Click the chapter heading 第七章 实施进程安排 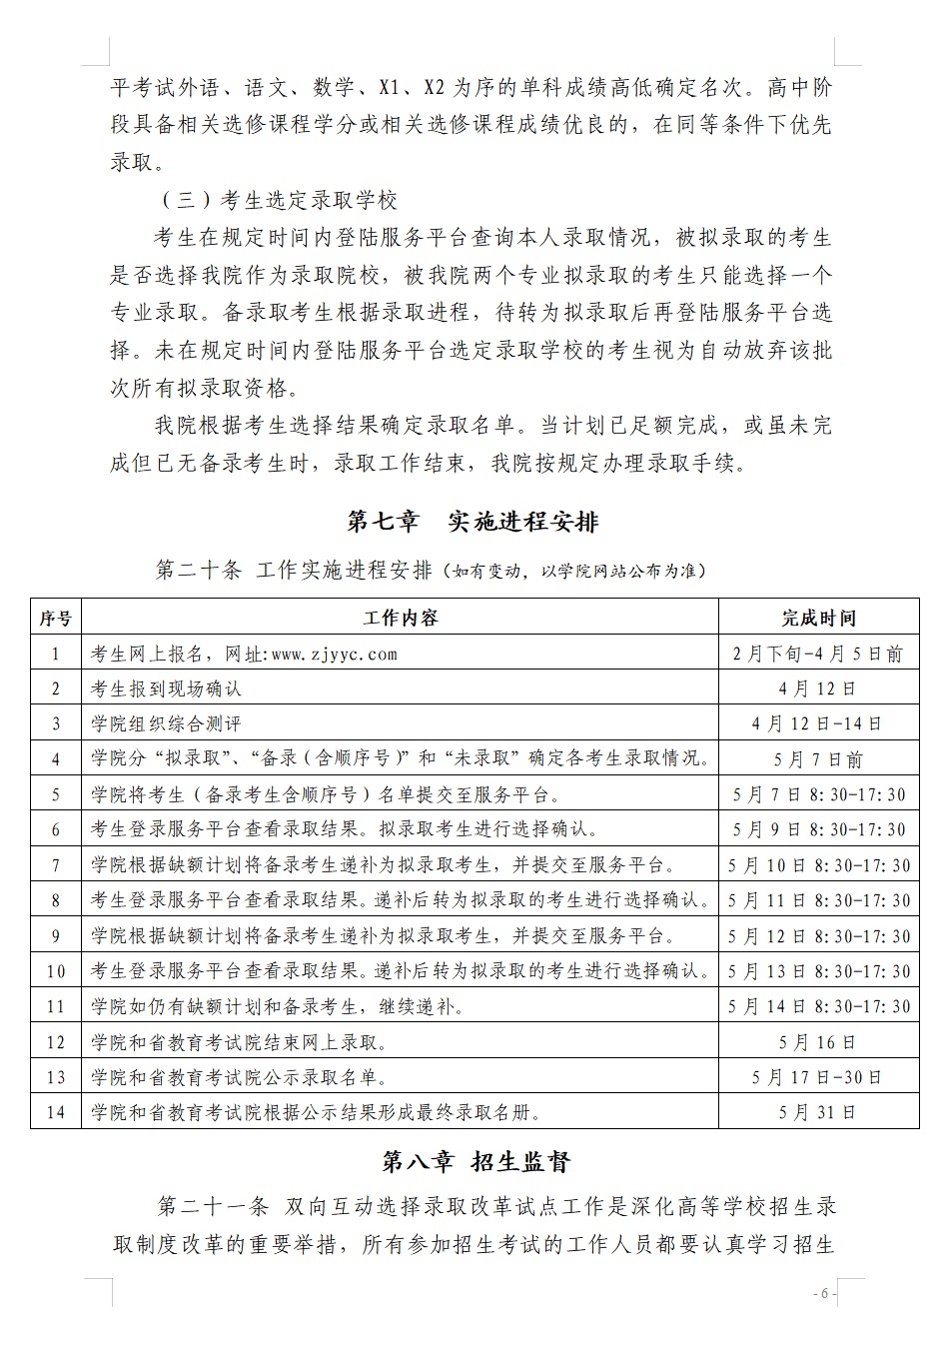473,522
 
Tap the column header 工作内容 401,618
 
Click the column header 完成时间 818,618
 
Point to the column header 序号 56,618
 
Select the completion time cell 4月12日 818,688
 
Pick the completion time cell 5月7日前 818,759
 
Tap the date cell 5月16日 818,1042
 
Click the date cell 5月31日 818,1112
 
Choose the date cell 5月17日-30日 818,1077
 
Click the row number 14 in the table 56,1112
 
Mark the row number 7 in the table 56,865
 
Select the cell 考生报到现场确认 166,688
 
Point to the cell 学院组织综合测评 166,723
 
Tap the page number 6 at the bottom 823,1294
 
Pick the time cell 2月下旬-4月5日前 818,655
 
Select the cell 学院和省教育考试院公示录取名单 239,1077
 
